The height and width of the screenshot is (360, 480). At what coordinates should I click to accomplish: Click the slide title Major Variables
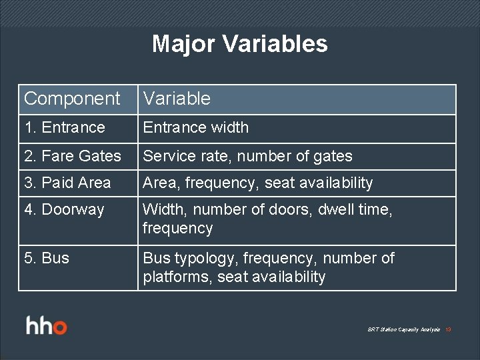240,44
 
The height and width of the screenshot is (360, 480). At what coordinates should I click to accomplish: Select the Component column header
72,99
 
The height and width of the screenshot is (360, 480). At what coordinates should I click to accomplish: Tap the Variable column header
177,99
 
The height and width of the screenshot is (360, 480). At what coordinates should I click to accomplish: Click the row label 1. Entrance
65,127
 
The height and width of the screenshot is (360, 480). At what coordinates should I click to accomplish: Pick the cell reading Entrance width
195,127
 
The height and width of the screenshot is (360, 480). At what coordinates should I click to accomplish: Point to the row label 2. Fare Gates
73,156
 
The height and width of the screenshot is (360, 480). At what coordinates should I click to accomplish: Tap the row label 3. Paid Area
67,183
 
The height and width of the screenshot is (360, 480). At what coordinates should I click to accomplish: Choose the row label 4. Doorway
64,209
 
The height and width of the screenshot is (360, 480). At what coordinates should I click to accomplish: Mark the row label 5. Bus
47,258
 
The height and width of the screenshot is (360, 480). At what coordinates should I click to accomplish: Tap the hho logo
47,326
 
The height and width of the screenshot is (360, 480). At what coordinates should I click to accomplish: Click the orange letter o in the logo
60,327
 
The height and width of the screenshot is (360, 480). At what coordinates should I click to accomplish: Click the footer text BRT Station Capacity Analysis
404,329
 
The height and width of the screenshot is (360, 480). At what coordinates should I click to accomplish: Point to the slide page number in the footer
449,329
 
